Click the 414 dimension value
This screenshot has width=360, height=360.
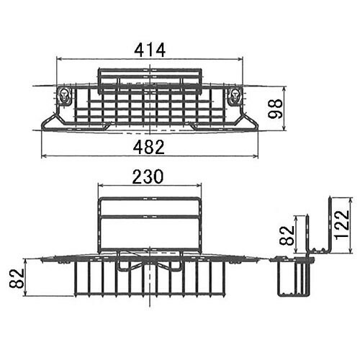(150, 50)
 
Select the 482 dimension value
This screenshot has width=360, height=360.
(149, 147)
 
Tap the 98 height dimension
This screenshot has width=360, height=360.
(275, 109)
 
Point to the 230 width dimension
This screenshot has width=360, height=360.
(148, 176)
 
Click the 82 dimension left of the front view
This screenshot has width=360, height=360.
(17, 278)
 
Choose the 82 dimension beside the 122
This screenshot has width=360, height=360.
(287, 235)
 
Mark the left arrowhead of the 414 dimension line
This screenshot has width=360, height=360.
(59, 59)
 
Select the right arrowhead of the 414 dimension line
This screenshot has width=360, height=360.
(240, 59)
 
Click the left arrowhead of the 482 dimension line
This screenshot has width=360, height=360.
(45, 156)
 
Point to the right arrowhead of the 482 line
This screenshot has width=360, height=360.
(256, 156)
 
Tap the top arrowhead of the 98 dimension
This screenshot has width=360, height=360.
(284, 89)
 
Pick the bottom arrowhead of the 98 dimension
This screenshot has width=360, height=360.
(284, 128)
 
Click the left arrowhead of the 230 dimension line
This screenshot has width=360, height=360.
(102, 185)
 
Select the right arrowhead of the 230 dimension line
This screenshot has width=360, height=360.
(199, 185)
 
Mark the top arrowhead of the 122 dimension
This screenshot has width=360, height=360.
(351, 200)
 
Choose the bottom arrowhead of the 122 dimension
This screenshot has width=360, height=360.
(351, 250)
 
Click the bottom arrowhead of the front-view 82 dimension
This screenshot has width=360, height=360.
(26, 293)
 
